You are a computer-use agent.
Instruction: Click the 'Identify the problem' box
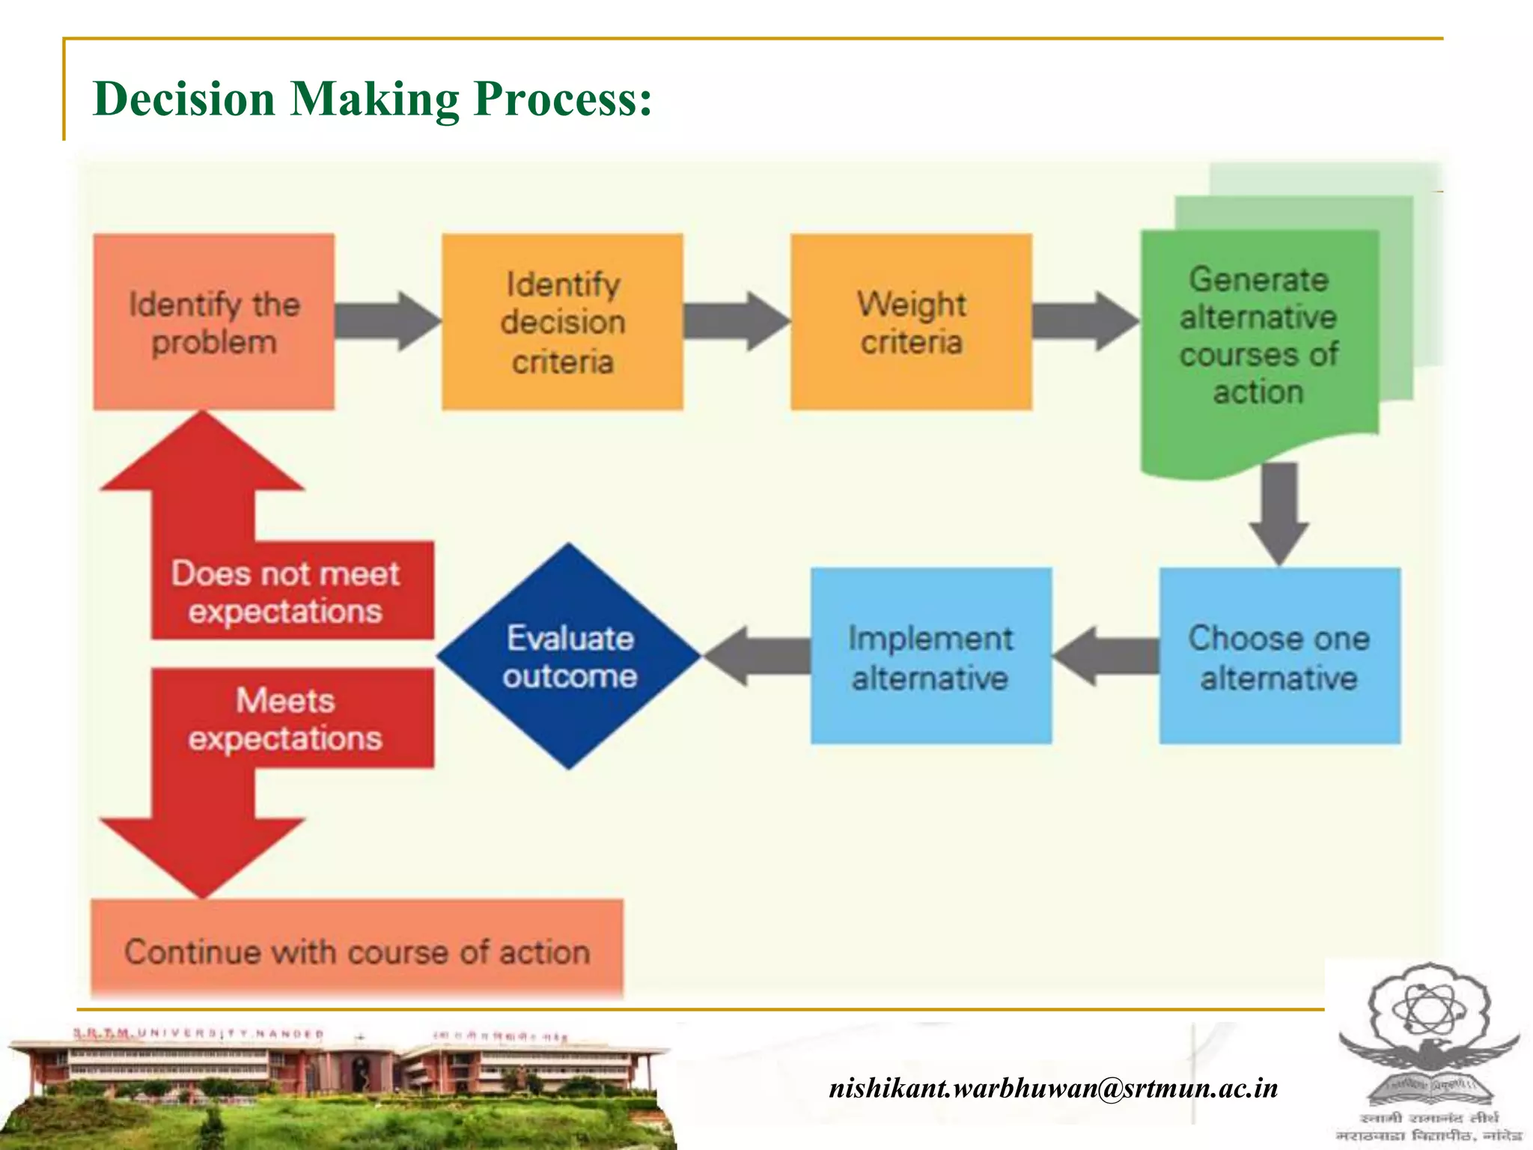213,322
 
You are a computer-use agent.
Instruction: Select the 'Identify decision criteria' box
562,322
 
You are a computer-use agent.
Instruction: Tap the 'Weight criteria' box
911,322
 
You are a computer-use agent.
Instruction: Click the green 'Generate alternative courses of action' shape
1259,337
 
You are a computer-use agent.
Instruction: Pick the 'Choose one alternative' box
1280,656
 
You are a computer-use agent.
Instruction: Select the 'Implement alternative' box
930,656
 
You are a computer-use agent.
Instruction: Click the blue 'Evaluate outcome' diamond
569,656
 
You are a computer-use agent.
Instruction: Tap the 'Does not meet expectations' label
292,591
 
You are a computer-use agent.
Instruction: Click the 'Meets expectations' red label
292,719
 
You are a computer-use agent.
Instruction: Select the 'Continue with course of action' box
357,951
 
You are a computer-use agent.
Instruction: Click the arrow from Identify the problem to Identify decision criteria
387,321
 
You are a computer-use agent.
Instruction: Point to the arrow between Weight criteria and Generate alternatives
1085,321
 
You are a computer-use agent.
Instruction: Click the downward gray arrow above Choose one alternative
1278,513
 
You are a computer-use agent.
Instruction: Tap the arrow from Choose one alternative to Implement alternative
1106,656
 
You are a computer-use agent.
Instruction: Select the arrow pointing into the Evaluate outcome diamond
756,656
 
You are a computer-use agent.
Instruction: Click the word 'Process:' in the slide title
563,99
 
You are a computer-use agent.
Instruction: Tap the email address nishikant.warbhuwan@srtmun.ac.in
1053,1087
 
